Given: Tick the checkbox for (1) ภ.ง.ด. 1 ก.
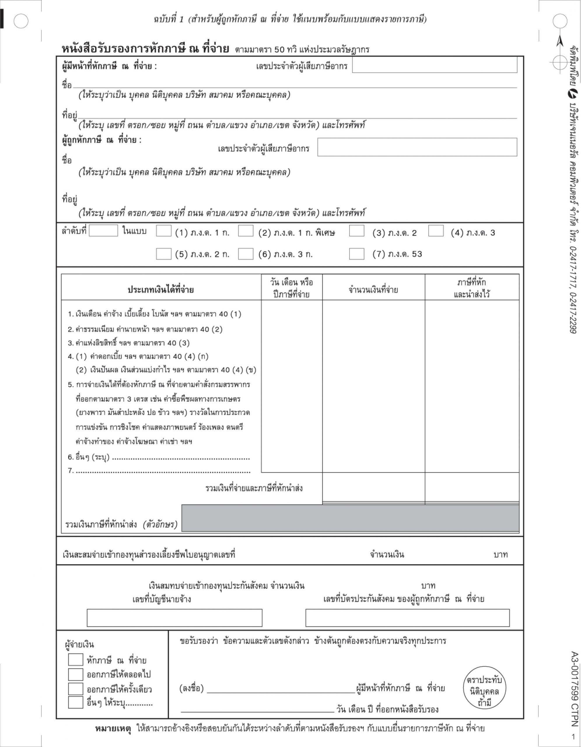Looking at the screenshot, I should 163,231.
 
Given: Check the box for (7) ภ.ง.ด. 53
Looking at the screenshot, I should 356,254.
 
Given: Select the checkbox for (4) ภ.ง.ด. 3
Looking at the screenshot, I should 436,231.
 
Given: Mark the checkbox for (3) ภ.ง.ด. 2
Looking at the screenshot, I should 356,231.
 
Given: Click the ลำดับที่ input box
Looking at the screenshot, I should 103,231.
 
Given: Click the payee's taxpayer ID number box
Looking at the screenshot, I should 417,147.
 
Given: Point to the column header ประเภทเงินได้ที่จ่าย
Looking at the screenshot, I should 161,290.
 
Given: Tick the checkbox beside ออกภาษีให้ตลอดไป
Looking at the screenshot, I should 76,674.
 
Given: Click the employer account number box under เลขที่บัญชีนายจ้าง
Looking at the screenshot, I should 174,618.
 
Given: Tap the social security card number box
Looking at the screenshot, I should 407,618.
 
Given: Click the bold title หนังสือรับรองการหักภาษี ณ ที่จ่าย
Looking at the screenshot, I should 145,49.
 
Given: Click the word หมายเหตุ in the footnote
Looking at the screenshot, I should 113,728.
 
